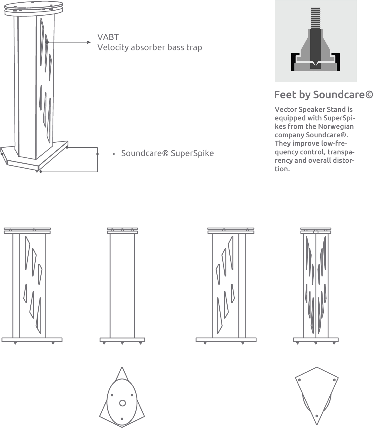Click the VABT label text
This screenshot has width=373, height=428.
[x=108, y=37]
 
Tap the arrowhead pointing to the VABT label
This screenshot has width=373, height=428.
[x=89, y=42]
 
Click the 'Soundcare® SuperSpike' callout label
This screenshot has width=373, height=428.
[x=167, y=154]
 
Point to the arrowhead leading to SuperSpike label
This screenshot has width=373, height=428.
[x=115, y=154]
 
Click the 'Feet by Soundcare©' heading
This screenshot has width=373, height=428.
[x=323, y=95]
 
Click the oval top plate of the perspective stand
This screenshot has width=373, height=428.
[x=34, y=6]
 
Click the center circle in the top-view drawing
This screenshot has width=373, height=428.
[x=122, y=403]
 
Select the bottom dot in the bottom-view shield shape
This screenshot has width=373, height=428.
[x=317, y=416]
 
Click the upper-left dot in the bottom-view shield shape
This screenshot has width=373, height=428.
[x=299, y=380]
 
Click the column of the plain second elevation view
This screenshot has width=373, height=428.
[x=122, y=286]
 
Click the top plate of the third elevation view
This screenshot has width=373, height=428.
[x=231, y=229]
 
